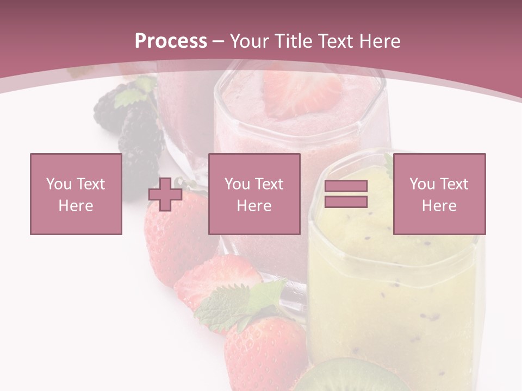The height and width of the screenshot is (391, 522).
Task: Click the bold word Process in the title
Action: (171, 41)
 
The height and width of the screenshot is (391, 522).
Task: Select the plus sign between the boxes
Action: (165, 194)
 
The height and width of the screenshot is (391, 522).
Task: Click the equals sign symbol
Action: (346, 194)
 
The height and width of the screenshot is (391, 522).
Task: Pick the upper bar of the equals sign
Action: (346, 186)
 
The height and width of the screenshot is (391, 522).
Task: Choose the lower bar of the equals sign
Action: (346, 201)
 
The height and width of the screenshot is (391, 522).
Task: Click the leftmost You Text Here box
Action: (76, 194)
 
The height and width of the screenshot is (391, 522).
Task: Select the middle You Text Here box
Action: (254, 194)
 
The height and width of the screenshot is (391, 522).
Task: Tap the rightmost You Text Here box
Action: (439, 194)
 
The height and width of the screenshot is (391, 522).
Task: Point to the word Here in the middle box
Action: (254, 206)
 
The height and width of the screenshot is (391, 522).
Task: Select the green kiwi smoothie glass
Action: (394, 282)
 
